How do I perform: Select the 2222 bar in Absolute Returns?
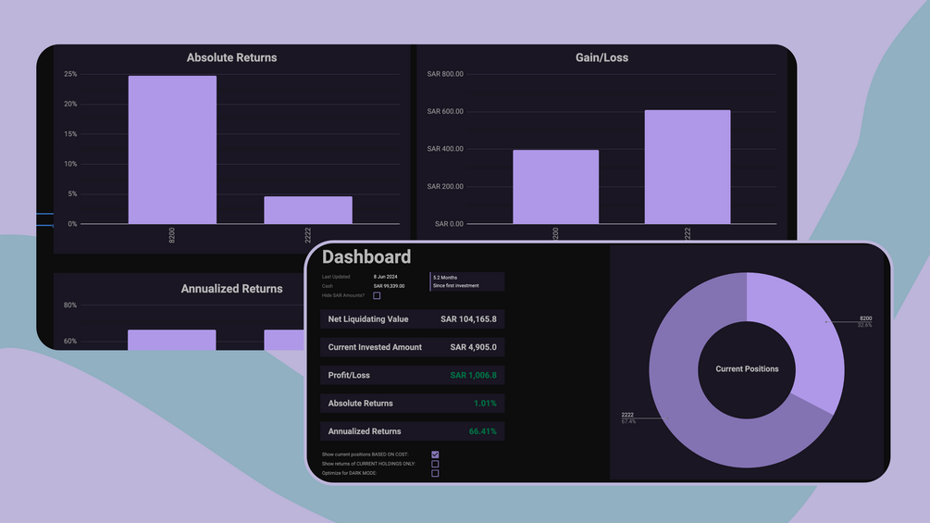(x=307, y=210)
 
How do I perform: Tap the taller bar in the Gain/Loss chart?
(x=687, y=167)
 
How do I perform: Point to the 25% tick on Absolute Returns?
(x=70, y=74)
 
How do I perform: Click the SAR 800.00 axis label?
(x=445, y=74)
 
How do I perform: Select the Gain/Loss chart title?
(x=601, y=57)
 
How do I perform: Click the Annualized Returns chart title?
(x=231, y=289)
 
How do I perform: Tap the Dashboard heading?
(x=366, y=257)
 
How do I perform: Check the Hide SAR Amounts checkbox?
(x=377, y=295)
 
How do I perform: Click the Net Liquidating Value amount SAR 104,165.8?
(x=468, y=319)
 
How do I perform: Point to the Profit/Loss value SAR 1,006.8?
(x=473, y=376)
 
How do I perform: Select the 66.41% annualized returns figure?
(x=482, y=431)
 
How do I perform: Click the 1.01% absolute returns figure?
(x=485, y=404)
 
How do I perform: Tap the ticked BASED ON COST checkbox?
(x=435, y=455)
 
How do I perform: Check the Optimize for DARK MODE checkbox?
(x=435, y=473)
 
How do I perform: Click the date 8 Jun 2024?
(x=387, y=277)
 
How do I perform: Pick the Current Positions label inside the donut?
(x=747, y=369)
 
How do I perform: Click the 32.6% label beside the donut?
(x=865, y=325)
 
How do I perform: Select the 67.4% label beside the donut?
(x=627, y=421)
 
